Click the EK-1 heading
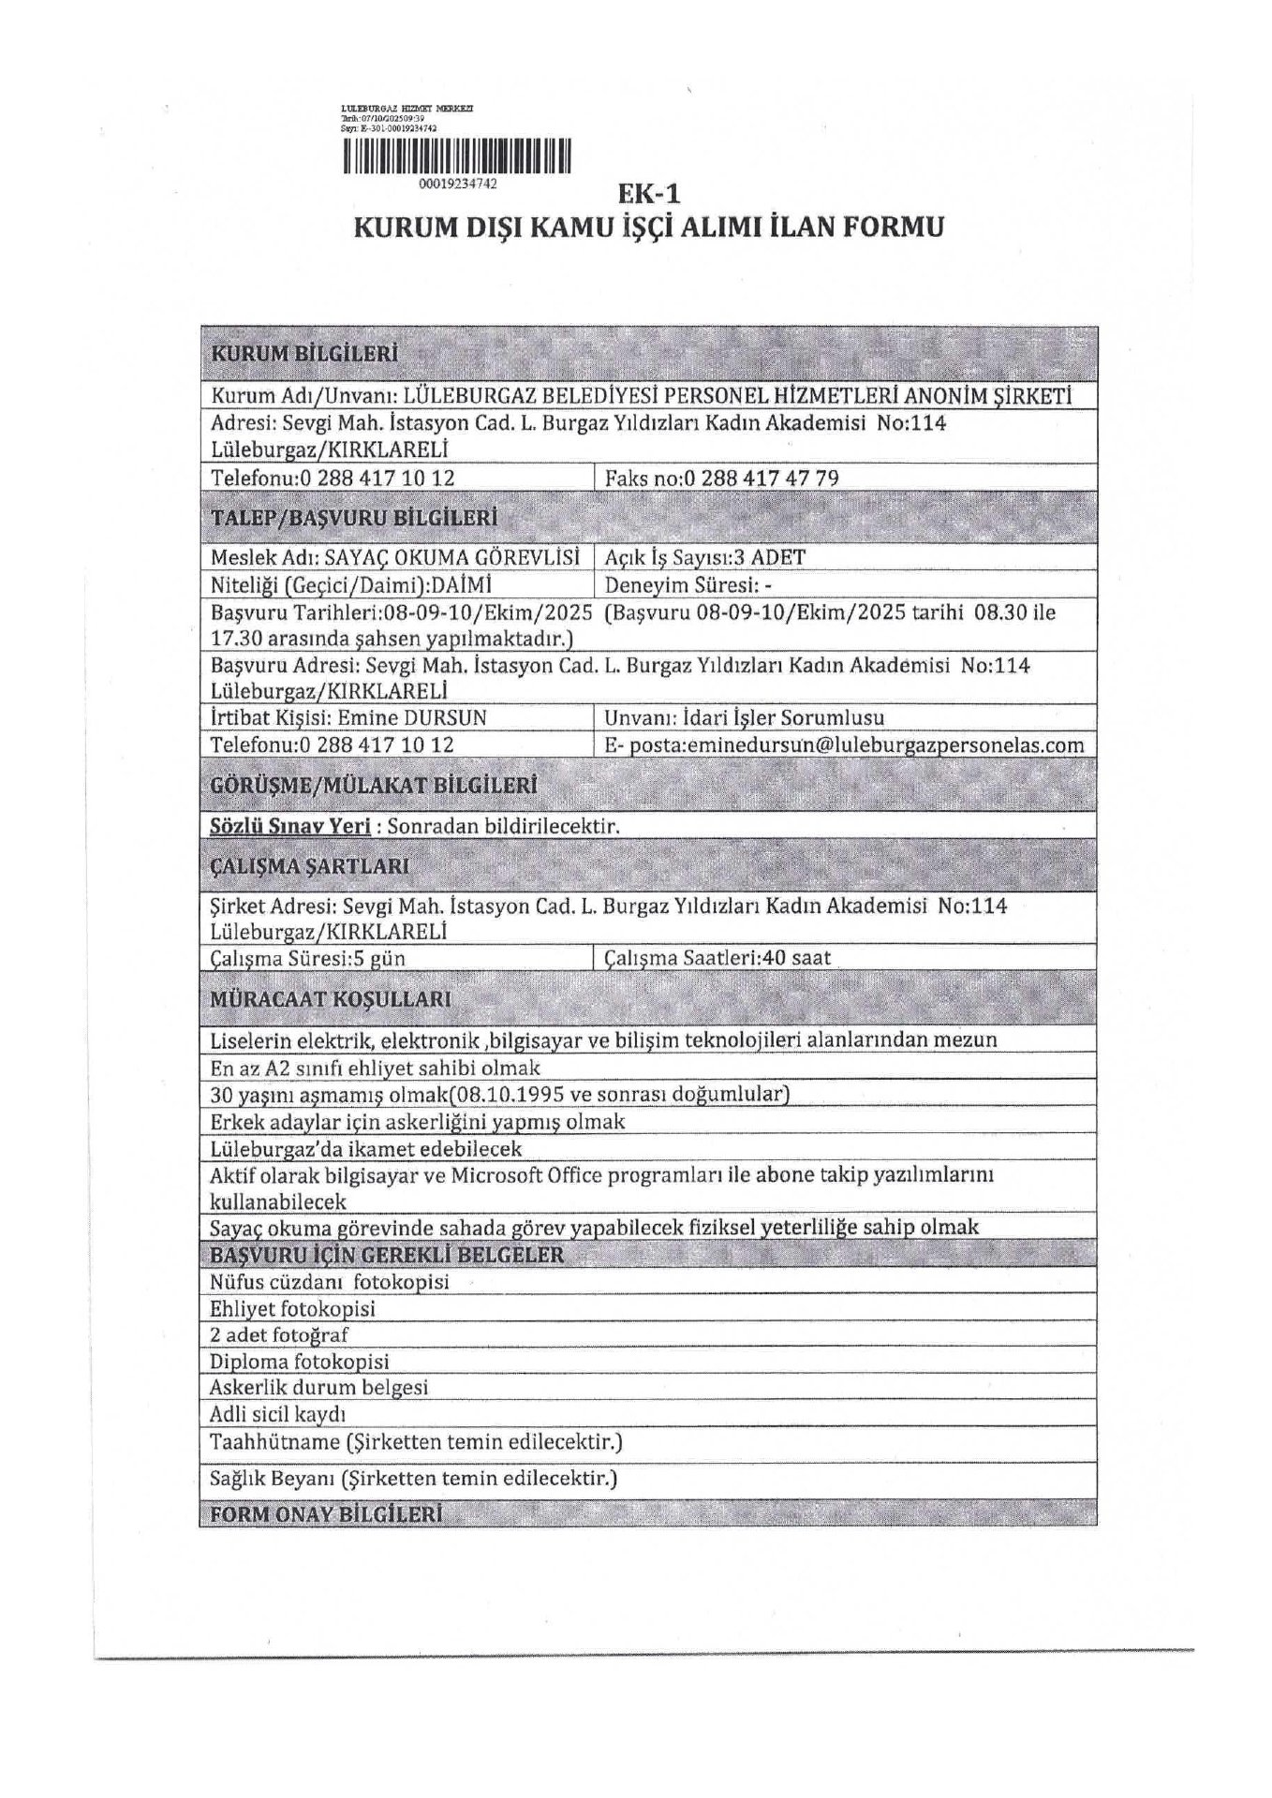644,194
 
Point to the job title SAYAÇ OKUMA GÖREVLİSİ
451,557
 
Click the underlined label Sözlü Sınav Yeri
290,826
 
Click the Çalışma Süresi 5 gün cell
308,958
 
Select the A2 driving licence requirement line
376,1068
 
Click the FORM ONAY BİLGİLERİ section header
325,1514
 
